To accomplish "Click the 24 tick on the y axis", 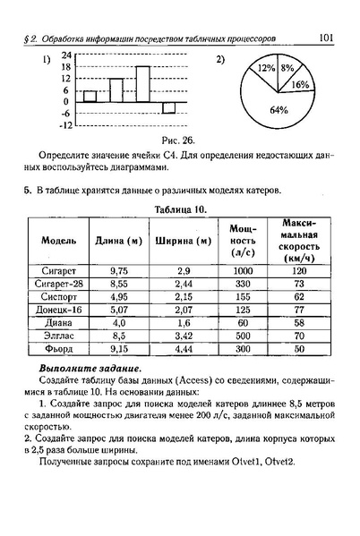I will [65, 55].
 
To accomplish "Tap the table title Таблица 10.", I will [180, 208].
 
